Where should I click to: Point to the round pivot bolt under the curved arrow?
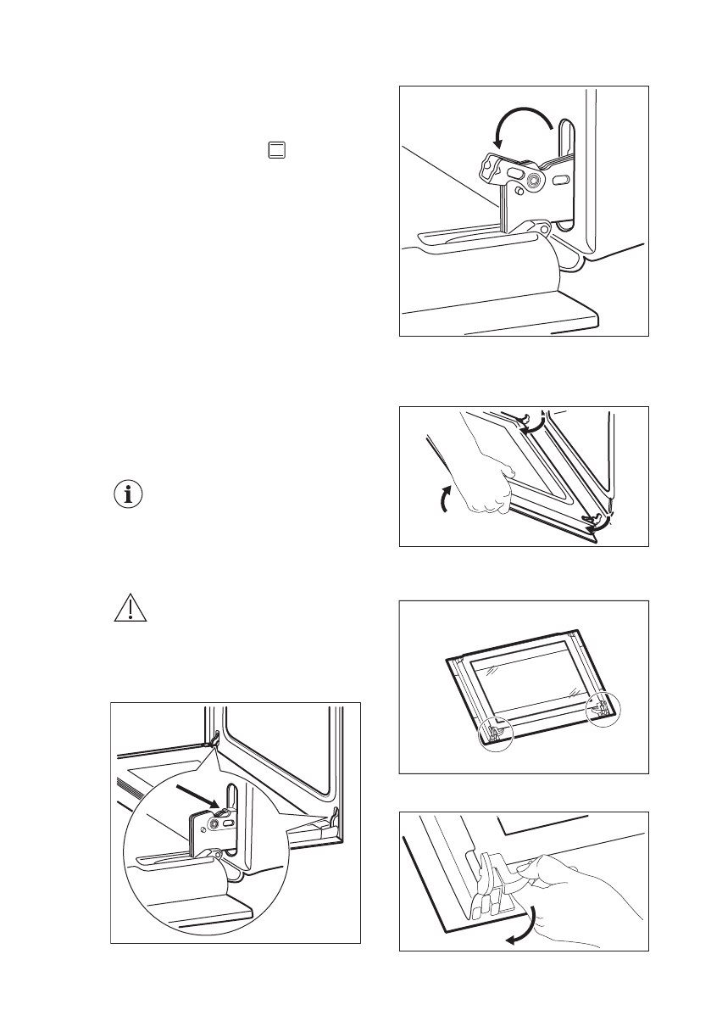[x=534, y=181]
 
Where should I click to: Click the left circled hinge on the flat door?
[x=496, y=731]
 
